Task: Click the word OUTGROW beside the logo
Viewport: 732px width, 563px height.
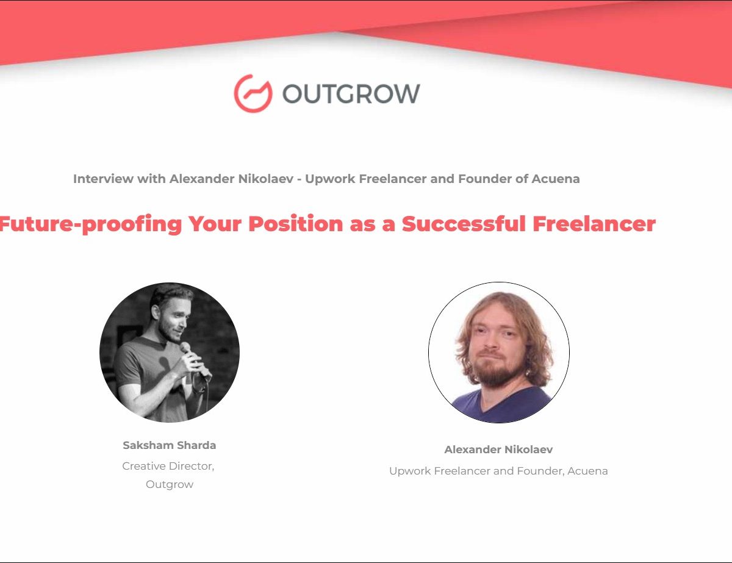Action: [x=351, y=93]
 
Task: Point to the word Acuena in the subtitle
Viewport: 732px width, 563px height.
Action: [x=556, y=179]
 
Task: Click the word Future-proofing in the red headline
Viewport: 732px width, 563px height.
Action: [x=90, y=224]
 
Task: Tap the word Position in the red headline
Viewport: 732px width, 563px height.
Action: [x=296, y=224]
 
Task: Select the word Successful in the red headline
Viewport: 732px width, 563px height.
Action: [x=464, y=224]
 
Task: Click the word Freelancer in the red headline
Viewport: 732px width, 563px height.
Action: [x=594, y=224]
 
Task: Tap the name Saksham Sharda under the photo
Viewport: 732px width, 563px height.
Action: [x=170, y=445]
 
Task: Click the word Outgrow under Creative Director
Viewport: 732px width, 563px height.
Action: [x=170, y=484]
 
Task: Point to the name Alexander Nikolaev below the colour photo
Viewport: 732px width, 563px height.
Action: [x=498, y=450]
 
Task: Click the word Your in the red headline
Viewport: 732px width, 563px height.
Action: [x=215, y=224]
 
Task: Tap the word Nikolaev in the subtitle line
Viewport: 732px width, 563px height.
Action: [x=266, y=179]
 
